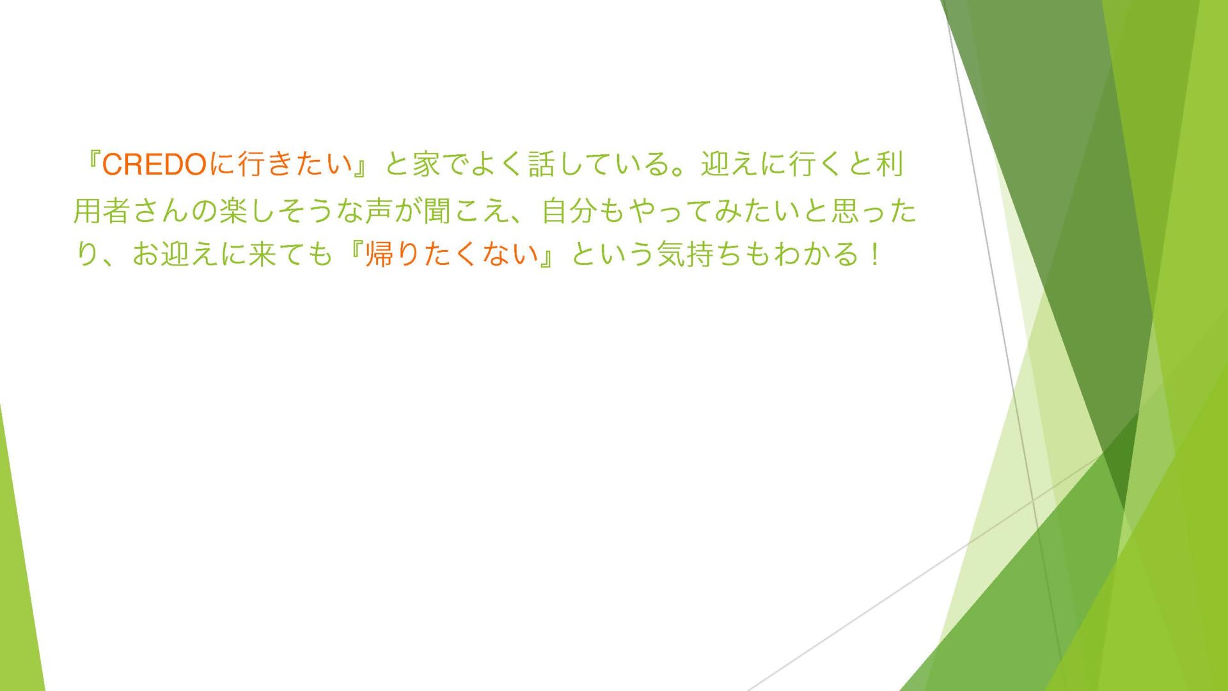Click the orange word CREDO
[153, 165]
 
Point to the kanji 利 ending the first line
[889, 164]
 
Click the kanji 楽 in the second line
[233, 210]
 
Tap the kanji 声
[379, 210]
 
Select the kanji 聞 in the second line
[437, 210]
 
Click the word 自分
[570, 210]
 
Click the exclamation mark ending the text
[874, 254]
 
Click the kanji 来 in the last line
[262, 254]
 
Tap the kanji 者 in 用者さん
[117, 210]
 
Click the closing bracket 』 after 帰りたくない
[547, 258]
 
